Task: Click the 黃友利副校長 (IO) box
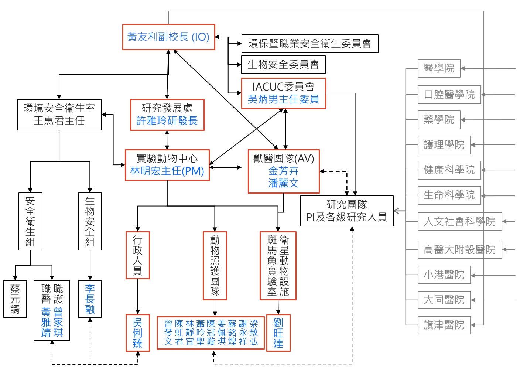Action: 168,37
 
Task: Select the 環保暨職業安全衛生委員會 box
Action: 309,44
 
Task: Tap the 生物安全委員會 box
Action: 283,65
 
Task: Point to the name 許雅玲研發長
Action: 167,121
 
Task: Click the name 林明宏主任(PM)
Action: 167,171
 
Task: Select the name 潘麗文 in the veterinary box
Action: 283,183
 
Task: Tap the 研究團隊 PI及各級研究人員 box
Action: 346,211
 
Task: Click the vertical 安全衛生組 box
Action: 30,221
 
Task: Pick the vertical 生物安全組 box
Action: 90,221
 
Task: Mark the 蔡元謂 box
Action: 15,299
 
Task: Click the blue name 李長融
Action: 90,299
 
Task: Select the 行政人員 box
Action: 137,255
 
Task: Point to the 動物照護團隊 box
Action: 215,266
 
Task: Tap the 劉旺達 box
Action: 278,333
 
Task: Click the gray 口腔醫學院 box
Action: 449,95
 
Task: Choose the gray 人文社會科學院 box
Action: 459,221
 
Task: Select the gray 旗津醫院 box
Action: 444,325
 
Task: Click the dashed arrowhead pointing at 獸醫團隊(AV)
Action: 322,171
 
